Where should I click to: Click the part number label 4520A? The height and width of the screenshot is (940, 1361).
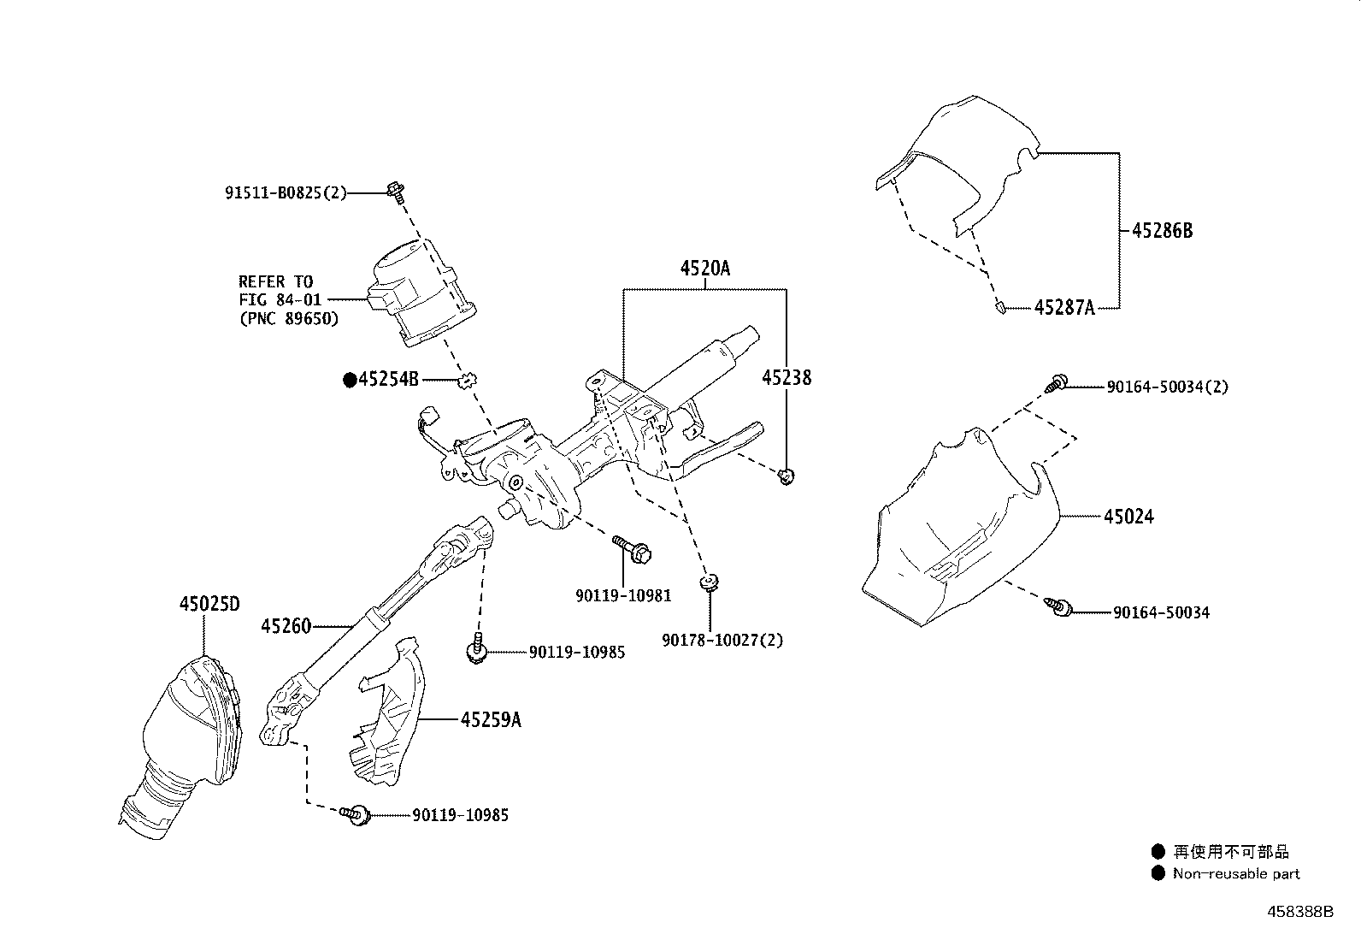point(704,268)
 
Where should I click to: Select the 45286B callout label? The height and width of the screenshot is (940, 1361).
point(1163,230)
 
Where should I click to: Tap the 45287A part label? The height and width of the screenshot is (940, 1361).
point(1064,308)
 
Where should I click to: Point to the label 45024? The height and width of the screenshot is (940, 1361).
point(1128,517)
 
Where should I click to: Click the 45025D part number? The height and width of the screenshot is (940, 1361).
point(209,604)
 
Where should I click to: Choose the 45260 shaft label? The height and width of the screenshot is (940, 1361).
point(286,625)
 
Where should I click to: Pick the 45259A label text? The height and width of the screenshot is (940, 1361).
point(491,720)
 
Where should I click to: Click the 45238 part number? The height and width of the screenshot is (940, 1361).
point(787,377)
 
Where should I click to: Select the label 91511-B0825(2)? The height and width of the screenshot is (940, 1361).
point(286,192)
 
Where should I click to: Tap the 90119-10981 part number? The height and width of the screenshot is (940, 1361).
point(623,595)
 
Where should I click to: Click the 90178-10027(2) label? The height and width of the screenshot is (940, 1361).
point(722,640)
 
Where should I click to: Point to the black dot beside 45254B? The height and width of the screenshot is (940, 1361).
point(350,380)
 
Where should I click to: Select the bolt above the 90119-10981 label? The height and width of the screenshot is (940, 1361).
point(632,548)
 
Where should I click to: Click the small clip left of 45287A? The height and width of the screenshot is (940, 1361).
point(1000,307)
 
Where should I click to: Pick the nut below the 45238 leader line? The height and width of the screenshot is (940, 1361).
point(787,476)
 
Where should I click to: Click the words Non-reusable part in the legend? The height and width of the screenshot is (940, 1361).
point(1236,874)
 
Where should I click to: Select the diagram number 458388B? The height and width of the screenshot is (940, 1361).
point(1300,912)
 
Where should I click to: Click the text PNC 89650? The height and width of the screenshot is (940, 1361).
point(289,318)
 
